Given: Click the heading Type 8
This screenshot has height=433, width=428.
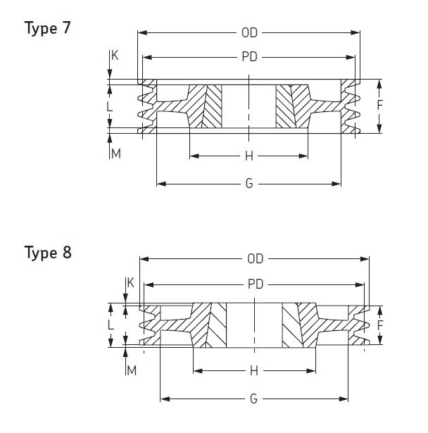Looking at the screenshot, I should [47, 252].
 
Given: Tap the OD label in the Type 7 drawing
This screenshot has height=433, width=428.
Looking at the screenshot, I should [249, 32].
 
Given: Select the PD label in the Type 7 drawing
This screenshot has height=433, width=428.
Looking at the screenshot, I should [249, 58].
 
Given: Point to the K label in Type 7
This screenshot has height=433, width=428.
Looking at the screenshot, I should [115, 55].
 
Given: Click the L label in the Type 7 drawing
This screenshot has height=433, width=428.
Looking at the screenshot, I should [109, 107].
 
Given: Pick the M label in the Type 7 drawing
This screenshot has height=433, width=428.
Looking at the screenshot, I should [116, 153].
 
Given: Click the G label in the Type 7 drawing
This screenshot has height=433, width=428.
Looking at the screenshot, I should [249, 184].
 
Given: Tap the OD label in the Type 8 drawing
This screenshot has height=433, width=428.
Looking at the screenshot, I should [255, 259].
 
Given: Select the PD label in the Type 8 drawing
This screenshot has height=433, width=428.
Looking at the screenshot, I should [255, 284].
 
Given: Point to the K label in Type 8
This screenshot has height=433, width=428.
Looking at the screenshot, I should [130, 283].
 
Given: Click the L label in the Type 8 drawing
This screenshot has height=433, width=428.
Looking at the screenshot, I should [111, 326].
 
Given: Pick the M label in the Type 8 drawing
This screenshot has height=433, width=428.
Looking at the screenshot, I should [131, 371].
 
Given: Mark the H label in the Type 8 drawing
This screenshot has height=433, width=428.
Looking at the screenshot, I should [253, 371].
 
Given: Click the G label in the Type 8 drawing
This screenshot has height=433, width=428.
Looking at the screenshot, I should [253, 399].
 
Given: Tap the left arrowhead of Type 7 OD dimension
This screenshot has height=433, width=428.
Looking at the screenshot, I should [141, 32].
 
